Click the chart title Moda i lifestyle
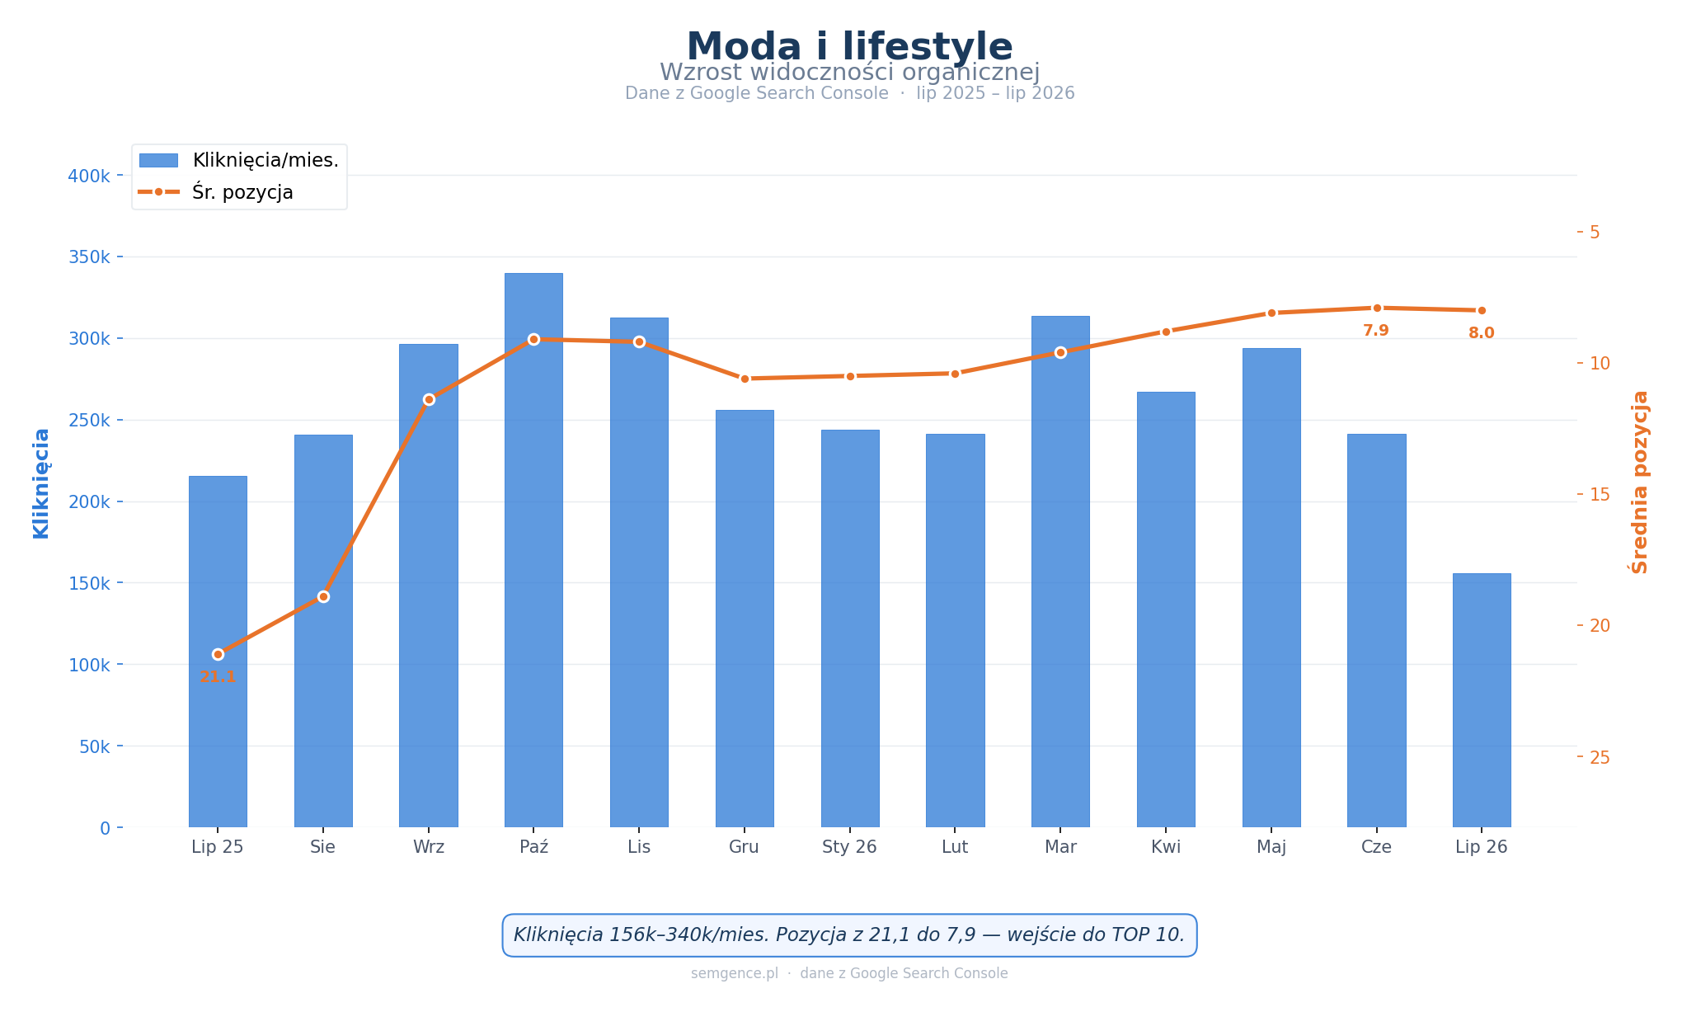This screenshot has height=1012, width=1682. point(849,47)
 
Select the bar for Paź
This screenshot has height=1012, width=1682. point(533,550)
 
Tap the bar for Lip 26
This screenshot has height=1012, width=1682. point(1482,700)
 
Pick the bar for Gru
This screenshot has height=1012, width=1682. point(745,619)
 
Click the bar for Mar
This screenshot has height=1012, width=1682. point(1060,572)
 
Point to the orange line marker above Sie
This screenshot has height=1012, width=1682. point(323,596)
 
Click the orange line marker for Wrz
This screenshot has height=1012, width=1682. point(429,399)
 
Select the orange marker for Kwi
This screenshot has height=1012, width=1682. point(1166,332)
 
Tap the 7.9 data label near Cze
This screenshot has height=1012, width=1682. point(1376,331)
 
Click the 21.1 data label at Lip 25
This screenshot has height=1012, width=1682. point(218,677)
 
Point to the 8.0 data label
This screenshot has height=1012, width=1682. point(1482,333)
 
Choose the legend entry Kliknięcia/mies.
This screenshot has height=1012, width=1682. point(239,160)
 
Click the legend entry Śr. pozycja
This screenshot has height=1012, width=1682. point(215,192)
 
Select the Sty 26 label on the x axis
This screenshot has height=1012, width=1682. point(849,847)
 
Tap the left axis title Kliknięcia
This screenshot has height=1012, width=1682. point(41,483)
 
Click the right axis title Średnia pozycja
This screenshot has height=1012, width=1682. point(1640,482)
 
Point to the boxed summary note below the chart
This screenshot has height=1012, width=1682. point(849,935)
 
